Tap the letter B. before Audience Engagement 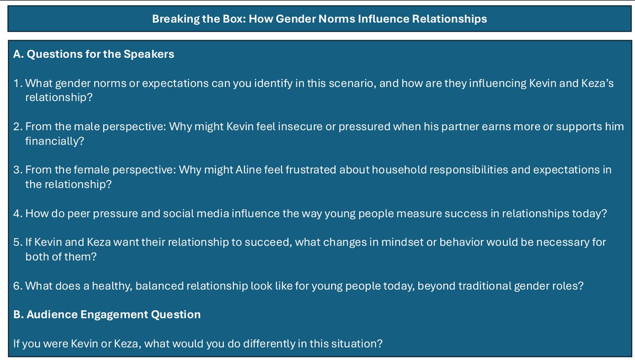pos(18,314)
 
